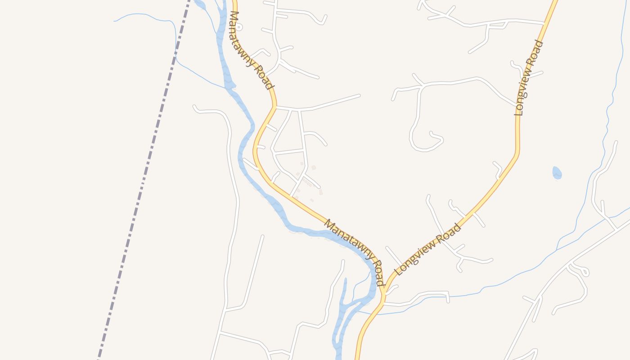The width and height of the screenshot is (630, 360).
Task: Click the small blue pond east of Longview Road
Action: (557, 173)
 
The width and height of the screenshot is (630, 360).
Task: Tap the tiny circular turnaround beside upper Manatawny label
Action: (239, 27)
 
